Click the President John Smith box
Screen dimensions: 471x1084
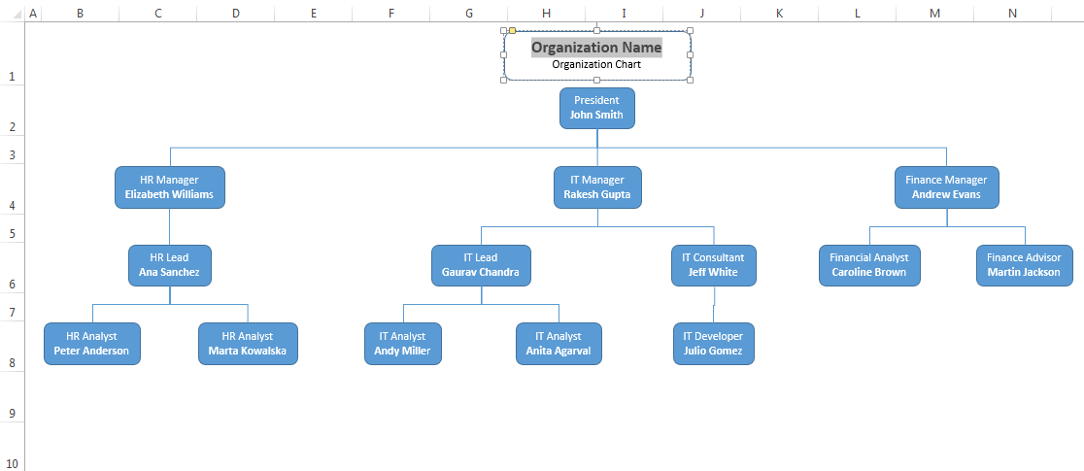[x=596, y=108]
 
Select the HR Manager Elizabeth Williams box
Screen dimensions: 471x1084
[x=170, y=186]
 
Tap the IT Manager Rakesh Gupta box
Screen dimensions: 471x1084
[x=596, y=186]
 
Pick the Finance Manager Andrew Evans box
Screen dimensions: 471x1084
[x=946, y=186]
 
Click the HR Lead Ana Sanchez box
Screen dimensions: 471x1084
[x=169, y=265]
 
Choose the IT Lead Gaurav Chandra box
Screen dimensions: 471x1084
[x=481, y=265]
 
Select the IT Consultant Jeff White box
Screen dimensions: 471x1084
[x=713, y=265]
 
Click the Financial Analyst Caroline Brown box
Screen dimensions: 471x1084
[x=868, y=265]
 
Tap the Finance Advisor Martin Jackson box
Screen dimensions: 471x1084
[x=1024, y=265]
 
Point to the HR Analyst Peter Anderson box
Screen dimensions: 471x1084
[x=91, y=344]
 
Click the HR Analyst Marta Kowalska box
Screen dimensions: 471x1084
[x=248, y=344]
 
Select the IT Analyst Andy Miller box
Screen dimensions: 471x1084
[x=402, y=344]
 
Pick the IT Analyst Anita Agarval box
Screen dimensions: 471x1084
[x=558, y=344]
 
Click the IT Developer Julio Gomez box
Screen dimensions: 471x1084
[x=713, y=344]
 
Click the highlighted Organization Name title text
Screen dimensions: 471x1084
[x=596, y=48]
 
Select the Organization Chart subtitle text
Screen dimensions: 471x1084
[x=596, y=65]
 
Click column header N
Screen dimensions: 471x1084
[x=1012, y=13]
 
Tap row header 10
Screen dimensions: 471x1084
[x=12, y=463]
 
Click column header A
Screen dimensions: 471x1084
[x=33, y=13]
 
